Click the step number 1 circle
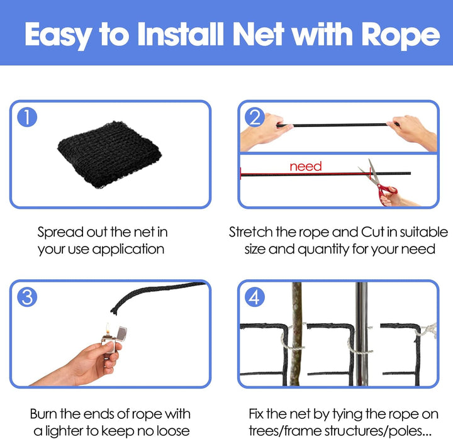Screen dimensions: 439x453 pyautogui.click(x=26, y=118)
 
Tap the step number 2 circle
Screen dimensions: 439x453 pyautogui.click(x=254, y=118)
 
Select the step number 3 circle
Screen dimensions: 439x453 pyautogui.click(x=26, y=297)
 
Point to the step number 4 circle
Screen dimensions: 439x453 pyautogui.click(x=254, y=297)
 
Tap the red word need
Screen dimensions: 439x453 pyautogui.click(x=305, y=167)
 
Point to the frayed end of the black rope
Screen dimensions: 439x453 pyautogui.click(x=115, y=309)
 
